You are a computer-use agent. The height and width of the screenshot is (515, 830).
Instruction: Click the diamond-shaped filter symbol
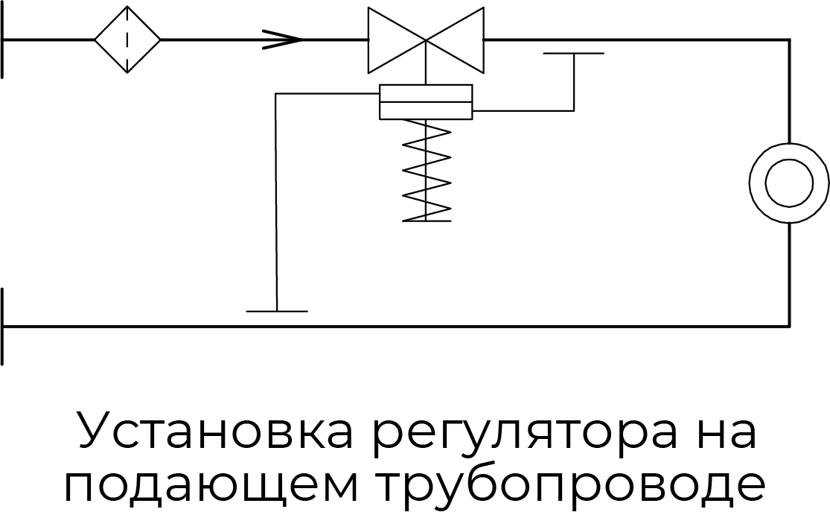click(x=127, y=40)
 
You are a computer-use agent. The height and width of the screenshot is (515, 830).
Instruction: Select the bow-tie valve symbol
click(x=426, y=40)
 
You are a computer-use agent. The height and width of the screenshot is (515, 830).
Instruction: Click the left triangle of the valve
click(x=391, y=40)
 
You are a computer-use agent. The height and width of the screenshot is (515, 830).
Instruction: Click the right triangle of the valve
click(x=462, y=40)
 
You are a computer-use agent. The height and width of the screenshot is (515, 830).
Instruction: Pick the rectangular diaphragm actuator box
click(x=426, y=101)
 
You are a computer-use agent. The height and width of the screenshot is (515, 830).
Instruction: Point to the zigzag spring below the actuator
click(x=427, y=171)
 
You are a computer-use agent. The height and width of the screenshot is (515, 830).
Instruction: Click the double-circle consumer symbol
click(x=788, y=183)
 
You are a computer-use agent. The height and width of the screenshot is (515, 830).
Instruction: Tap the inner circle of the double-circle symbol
click(x=788, y=183)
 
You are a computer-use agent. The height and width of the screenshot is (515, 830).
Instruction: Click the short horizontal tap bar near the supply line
click(x=573, y=54)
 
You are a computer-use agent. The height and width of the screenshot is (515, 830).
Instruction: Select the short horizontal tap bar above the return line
click(x=277, y=311)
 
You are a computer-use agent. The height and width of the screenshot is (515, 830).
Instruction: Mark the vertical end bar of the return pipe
click(x=4, y=326)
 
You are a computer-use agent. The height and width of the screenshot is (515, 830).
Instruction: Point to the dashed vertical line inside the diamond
click(x=127, y=40)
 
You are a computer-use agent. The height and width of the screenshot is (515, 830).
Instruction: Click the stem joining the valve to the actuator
click(x=426, y=72)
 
